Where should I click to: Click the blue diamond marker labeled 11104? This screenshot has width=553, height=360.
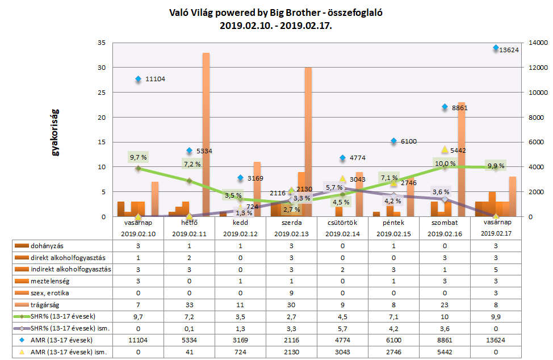pyautogui.click(x=138, y=79)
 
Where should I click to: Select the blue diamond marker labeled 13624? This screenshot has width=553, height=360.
pyautogui.click(x=496, y=48)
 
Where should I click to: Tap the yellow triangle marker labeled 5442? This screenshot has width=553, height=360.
pyautogui.click(x=445, y=149)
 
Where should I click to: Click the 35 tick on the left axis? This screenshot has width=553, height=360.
pyautogui.click(x=102, y=43)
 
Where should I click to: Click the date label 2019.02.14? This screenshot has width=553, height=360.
pyautogui.click(x=342, y=233)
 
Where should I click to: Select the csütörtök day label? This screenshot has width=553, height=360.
pyautogui.click(x=342, y=223)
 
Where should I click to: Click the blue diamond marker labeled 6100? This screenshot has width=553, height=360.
pyautogui.click(x=393, y=141)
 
